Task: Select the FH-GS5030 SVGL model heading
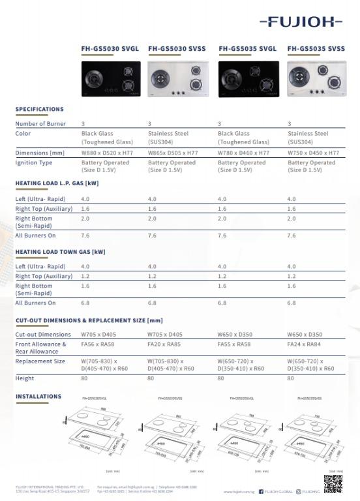coord(109,48)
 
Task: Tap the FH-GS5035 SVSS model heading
coord(316,48)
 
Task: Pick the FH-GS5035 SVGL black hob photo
coord(248,80)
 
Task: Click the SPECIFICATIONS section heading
coord(39,109)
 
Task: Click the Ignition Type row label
coord(34,162)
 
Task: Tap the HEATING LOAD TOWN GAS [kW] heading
coord(60,252)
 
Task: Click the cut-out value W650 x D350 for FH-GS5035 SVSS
coord(309,335)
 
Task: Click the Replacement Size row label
coord(40,361)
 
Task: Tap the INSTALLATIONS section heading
coord(38,397)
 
